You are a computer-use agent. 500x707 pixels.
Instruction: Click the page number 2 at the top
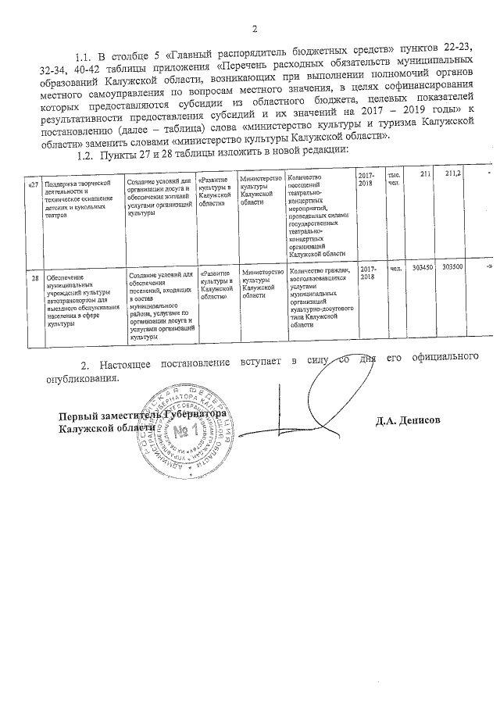point(254,30)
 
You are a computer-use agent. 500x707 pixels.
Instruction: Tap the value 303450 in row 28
point(422,267)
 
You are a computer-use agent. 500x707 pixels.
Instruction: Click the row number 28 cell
point(34,277)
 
